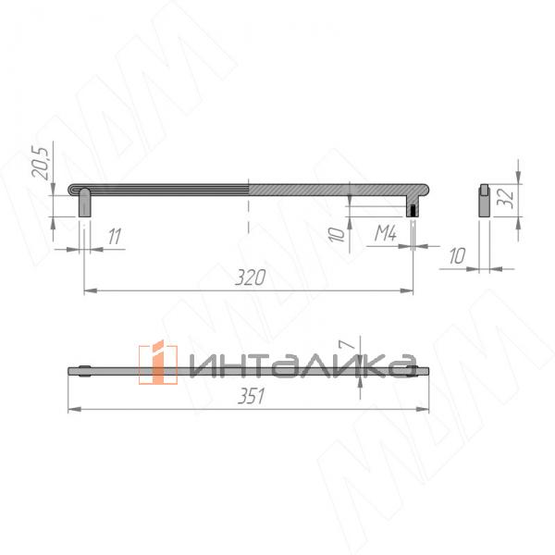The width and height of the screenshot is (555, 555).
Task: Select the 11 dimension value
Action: (x=114, y=236)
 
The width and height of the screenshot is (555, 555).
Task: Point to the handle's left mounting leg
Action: (x=84, y=202)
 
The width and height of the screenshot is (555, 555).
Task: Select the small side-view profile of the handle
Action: (x=482, y=200)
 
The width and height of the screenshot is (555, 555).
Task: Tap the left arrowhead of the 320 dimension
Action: (x=89, y=290)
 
